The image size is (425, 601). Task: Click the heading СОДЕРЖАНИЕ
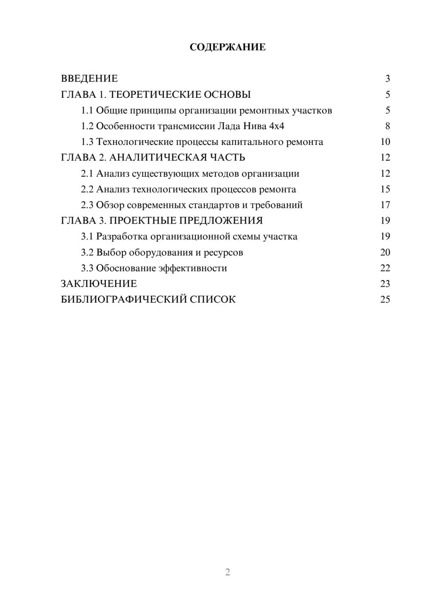tap(227, 47)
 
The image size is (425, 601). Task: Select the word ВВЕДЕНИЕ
tap(89, 79)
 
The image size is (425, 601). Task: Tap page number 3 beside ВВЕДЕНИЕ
tap(387, 79)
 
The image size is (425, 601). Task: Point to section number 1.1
tap(87, 111)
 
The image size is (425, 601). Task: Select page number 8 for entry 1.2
tap(387, 126)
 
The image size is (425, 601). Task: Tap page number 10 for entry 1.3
tap(385, 142)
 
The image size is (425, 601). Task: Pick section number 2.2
tap(87, 189)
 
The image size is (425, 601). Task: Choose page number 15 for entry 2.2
tap(385, 189)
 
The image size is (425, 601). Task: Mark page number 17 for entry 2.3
tap(385, 205)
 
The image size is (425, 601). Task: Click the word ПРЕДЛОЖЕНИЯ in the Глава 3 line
tap(221, 221)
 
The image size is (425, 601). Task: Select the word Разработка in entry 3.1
tap(122, 236)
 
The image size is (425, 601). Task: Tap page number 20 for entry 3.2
tap(385, 252)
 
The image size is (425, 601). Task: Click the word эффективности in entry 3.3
tap(193, 268)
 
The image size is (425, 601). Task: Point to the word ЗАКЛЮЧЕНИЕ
tap(99, 284)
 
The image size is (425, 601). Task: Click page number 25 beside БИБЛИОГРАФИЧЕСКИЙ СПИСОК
tap(385, 300)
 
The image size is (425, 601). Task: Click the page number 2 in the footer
tap(227, 572)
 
